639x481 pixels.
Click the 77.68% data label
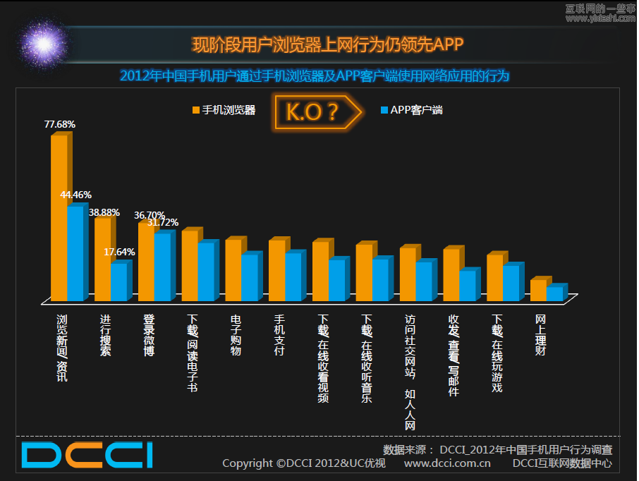coord(60,124)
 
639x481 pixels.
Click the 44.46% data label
coord(75,195)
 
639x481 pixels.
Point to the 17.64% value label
coord(119,252)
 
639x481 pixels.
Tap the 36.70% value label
coord(149,215)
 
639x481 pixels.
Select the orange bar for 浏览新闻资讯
coord(59,219)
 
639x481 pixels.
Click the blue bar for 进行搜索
coord(118,282)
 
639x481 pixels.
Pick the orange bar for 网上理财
coord(538,290)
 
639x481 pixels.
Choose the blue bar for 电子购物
coord(249,277)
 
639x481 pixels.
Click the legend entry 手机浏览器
coord(224,110)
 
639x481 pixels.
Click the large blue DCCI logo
coord(86,455)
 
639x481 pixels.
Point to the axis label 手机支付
coord(279,335)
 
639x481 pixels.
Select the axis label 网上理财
coord(540,335)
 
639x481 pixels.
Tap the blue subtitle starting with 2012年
coord(314,75)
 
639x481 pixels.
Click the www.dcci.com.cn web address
coord(447,463)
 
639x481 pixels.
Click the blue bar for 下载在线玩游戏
coord(511,283)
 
